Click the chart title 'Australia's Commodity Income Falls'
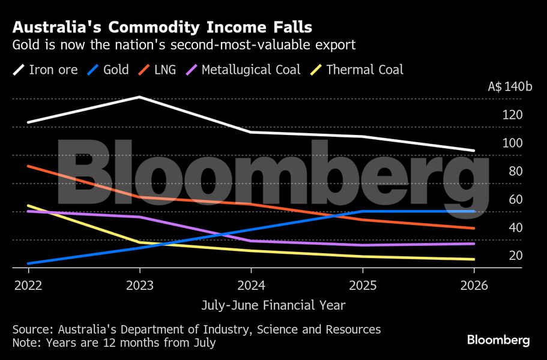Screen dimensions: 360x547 (162, 28)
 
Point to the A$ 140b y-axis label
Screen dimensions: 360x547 (510, 86)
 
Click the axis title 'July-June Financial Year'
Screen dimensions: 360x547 (273, 305)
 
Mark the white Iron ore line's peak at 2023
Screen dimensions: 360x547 (139, 97)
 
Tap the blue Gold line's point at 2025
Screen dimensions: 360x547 (362, 211)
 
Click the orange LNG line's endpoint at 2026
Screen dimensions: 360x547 (474, 228)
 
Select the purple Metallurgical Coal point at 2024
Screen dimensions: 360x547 (251, 241)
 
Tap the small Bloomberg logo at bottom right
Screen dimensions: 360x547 (498, 340)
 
